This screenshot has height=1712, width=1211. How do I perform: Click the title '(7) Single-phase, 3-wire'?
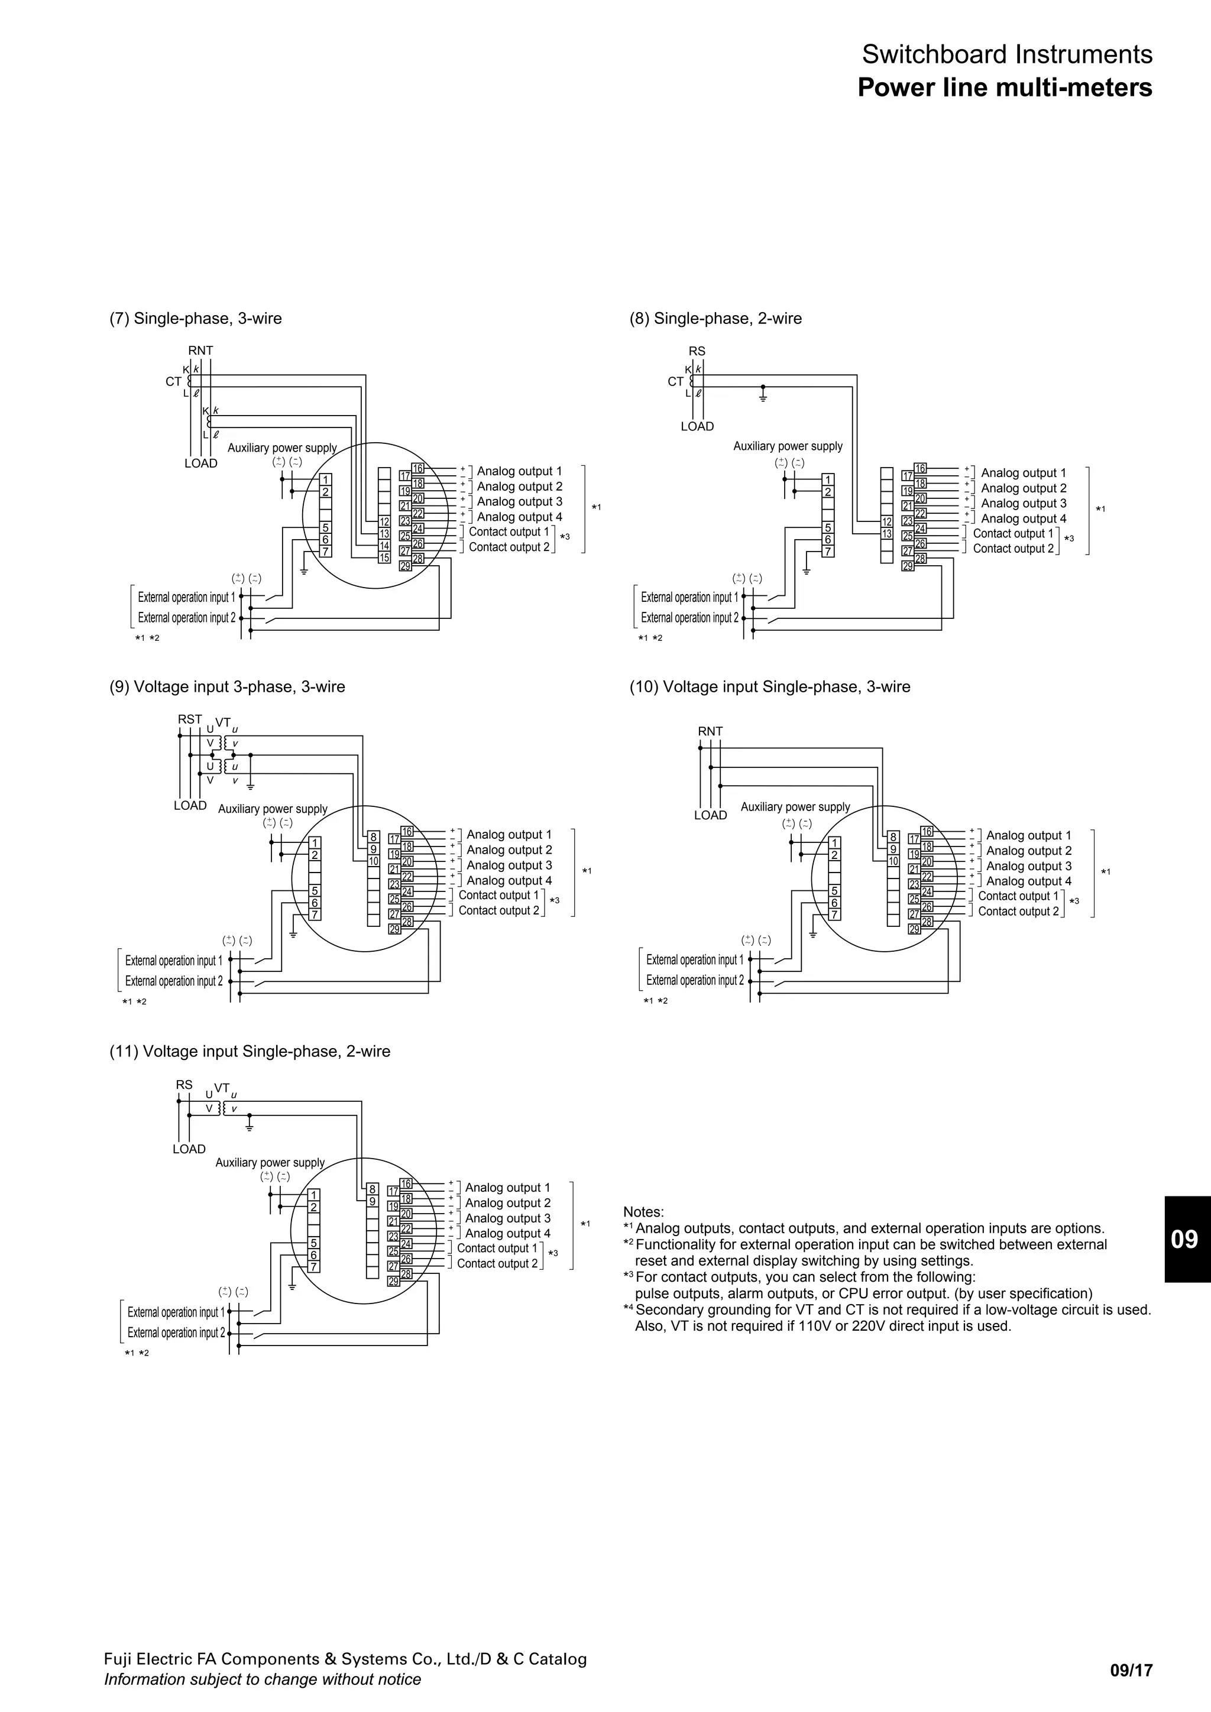click(195, 319)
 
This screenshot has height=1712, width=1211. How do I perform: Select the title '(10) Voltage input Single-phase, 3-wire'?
click(769, 687)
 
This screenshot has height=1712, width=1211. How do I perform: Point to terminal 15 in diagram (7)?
click(384, 557)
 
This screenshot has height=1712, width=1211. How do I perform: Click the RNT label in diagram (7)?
click(200, 351)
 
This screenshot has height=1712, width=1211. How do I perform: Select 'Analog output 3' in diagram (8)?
click(1023, 503)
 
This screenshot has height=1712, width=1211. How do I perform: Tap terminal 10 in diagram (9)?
click(373, 861)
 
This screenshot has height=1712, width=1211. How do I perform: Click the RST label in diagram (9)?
click(189, 719)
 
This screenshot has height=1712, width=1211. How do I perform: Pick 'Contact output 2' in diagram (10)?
click(1018, 911)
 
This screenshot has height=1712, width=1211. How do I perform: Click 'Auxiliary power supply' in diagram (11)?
click(270, 1162)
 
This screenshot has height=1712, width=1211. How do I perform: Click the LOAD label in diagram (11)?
click(189, 1149)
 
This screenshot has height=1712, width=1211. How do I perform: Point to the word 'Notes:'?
click(643, 1212)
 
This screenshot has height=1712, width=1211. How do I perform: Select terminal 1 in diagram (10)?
click(834, 844)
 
